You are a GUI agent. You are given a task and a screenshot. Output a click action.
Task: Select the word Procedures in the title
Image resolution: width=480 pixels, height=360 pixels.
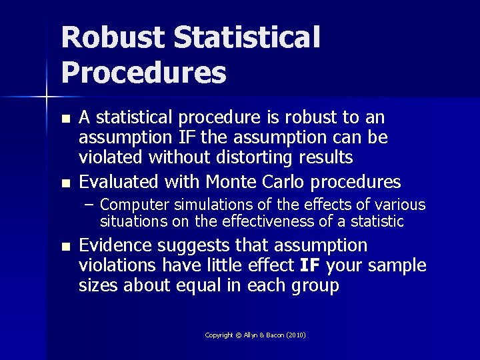coord(143,72)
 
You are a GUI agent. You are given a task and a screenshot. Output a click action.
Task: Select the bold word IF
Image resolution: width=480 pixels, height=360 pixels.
coord(310,265)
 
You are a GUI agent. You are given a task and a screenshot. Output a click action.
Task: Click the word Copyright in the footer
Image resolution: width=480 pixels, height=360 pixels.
coord(219,335)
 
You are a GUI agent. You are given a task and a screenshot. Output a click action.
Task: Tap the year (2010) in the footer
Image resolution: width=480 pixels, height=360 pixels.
coord(296,335)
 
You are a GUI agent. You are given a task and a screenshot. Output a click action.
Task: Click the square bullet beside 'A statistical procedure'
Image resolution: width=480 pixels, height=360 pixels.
coord(64,119)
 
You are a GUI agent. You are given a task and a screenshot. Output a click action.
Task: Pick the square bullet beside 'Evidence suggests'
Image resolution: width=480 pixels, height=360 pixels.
coord(64,247)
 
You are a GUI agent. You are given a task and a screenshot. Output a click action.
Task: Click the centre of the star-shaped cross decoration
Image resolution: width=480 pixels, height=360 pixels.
coord(47,97)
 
